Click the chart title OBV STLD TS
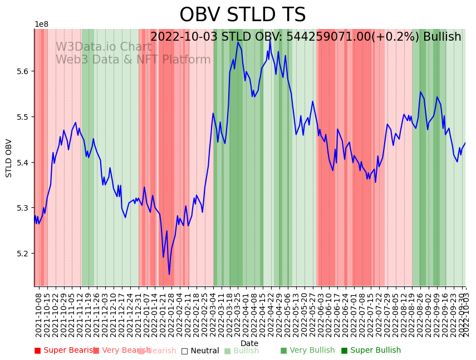pyautogui.click(x=242, y=15)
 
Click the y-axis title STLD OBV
pyautogui.click(x=9, y=158)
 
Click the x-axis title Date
pyautogui.click(x=249, y=343)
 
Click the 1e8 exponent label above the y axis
pyautogui.click(x=41, y=25)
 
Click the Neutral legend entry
pyautogui.click(x=200, y=351)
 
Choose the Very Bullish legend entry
pyautogui.click(x=308, y=351)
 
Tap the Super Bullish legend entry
pyautogui.click(x=371, y=351)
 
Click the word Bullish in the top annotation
pyautogui.click(x=441, y=37)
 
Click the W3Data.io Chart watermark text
pyautogui.click(x=103, y=47)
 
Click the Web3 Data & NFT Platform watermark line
pyautogui.click(x=133, y=60)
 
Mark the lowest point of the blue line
pyautogui.click(x=169, y=274)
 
